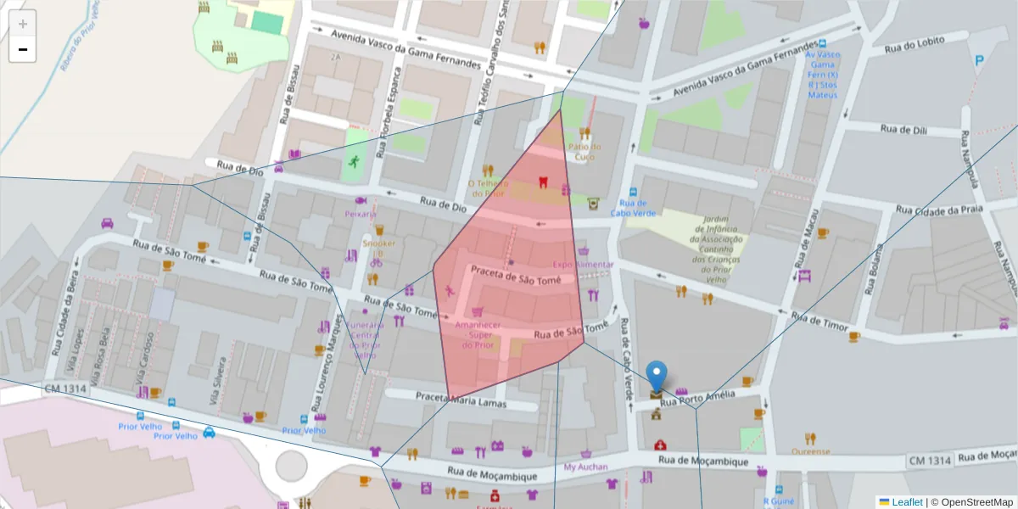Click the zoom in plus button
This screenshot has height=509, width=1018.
[x=23, y=24]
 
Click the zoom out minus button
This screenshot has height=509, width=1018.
[x=23, y=50]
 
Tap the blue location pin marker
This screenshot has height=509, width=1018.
[x=657, y=375]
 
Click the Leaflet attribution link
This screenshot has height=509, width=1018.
[x=907, y=502]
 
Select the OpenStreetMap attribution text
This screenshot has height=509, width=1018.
[x=972, y=502]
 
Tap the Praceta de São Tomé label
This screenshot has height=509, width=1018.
[x=516, y=278]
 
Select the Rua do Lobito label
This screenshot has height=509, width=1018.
[x=915, y=48]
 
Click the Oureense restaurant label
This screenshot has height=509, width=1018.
[x=811, y=451]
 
